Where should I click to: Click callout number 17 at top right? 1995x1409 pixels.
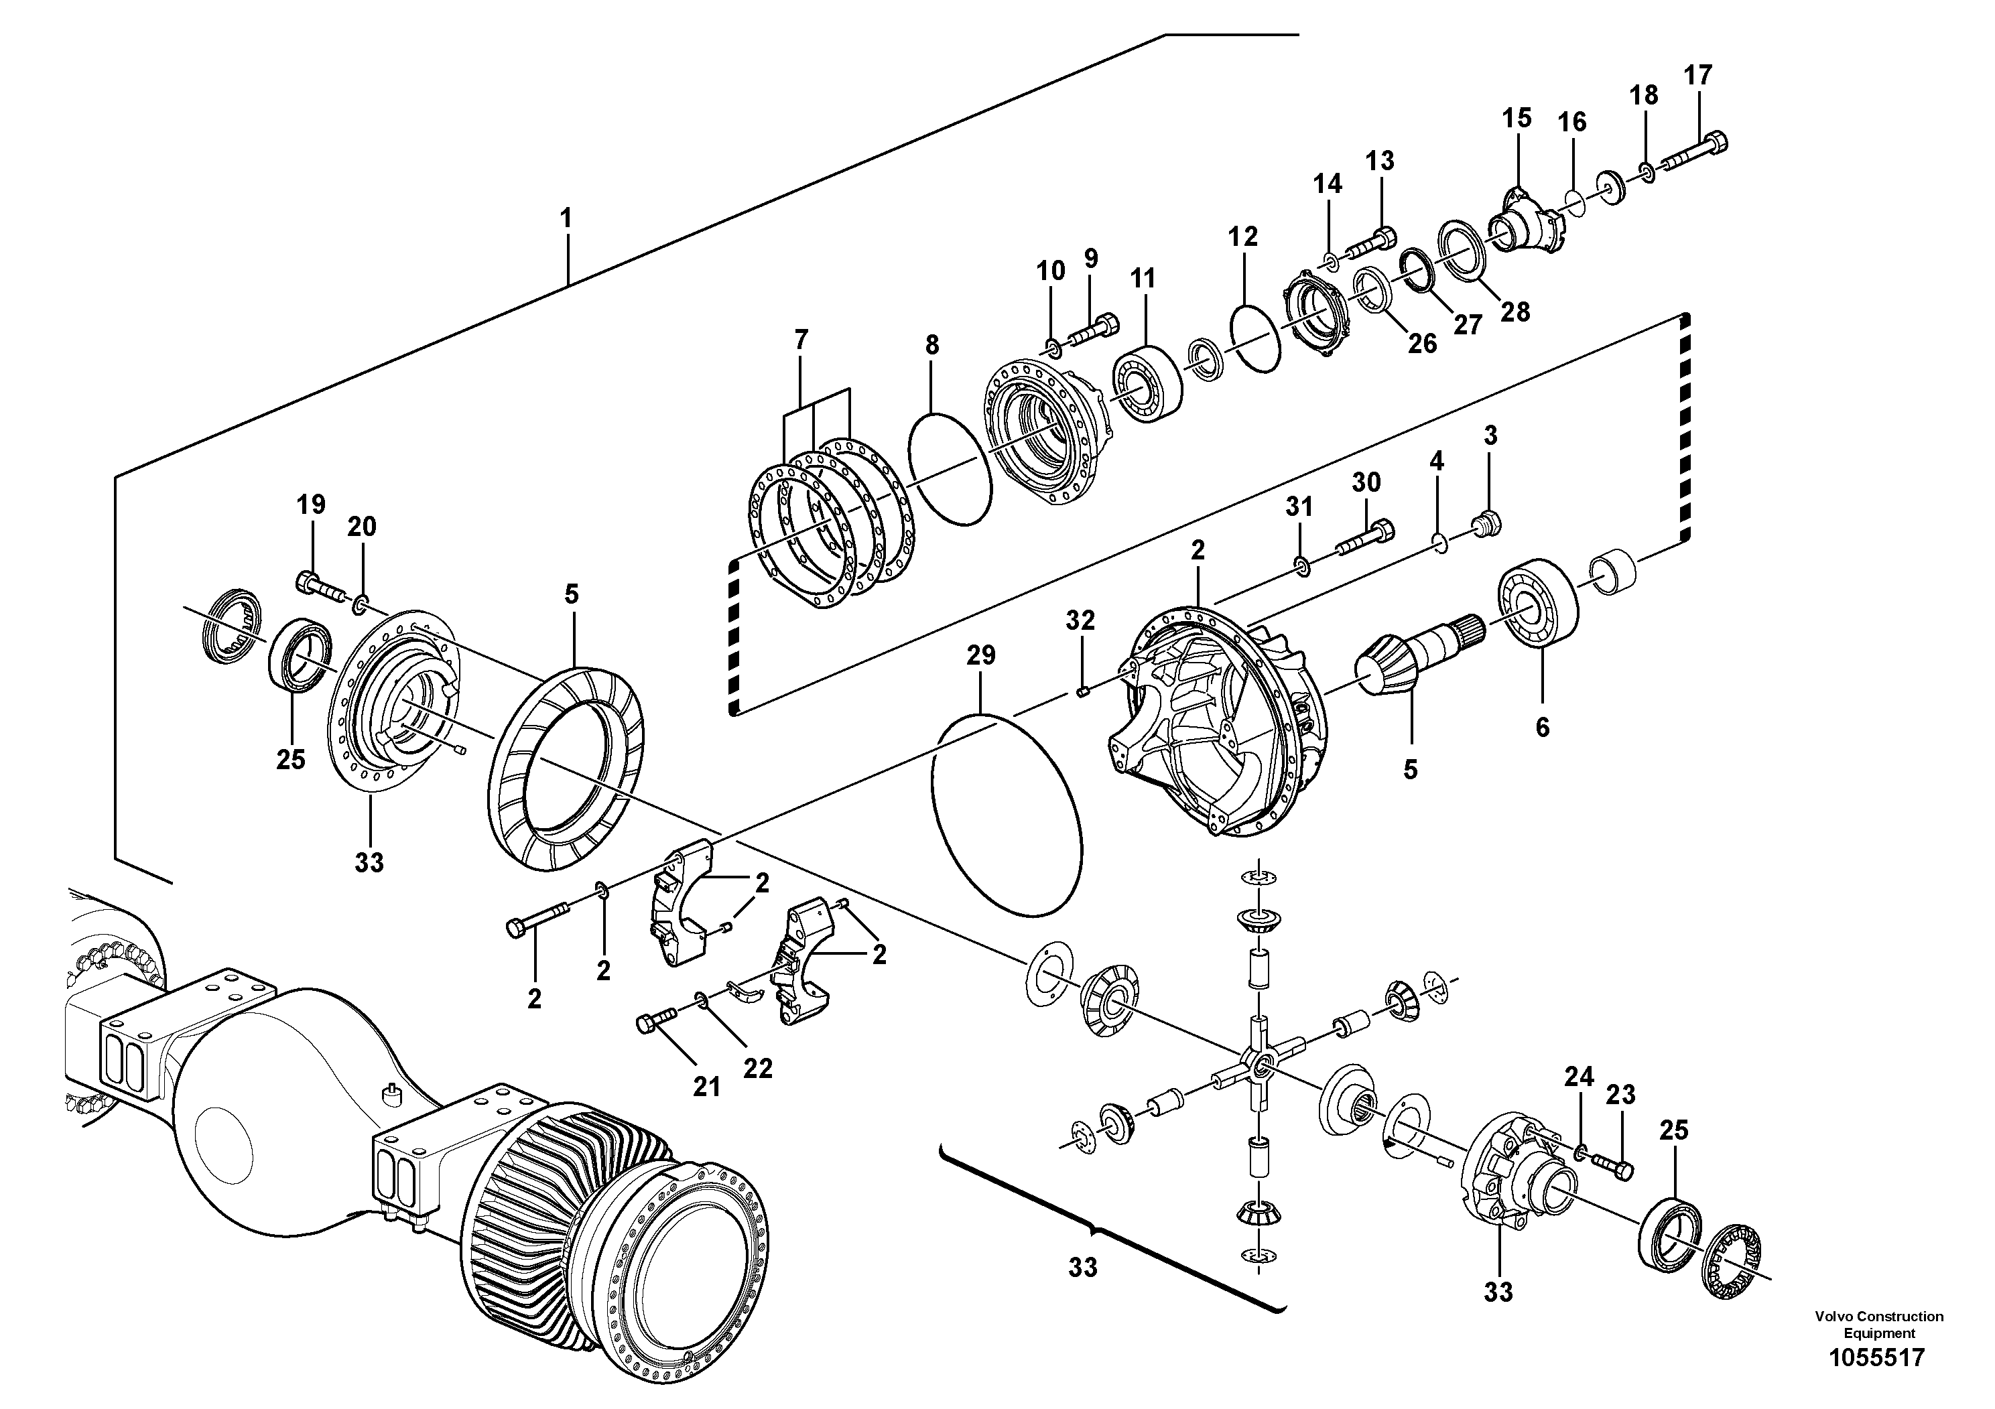click(1697, 76)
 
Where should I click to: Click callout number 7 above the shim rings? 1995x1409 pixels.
click(800, 340)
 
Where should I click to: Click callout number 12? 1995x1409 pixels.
click(1242, 237)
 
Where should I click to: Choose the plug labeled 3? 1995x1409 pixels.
click(1486, 523)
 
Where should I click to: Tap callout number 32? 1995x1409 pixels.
click(1080, 620)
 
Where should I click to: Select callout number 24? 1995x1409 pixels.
click(1579, 1077)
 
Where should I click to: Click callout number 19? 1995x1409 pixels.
click(310, 504)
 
